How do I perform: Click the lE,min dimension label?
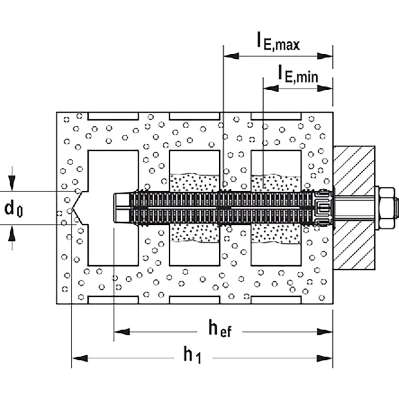click(298, 74)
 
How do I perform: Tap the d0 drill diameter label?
click(13, 208)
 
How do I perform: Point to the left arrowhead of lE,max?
click(231, 56)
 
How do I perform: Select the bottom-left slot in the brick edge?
click(113, 300)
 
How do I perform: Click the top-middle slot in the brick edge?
click(194, 116)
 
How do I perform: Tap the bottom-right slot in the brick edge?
click(276, 300)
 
